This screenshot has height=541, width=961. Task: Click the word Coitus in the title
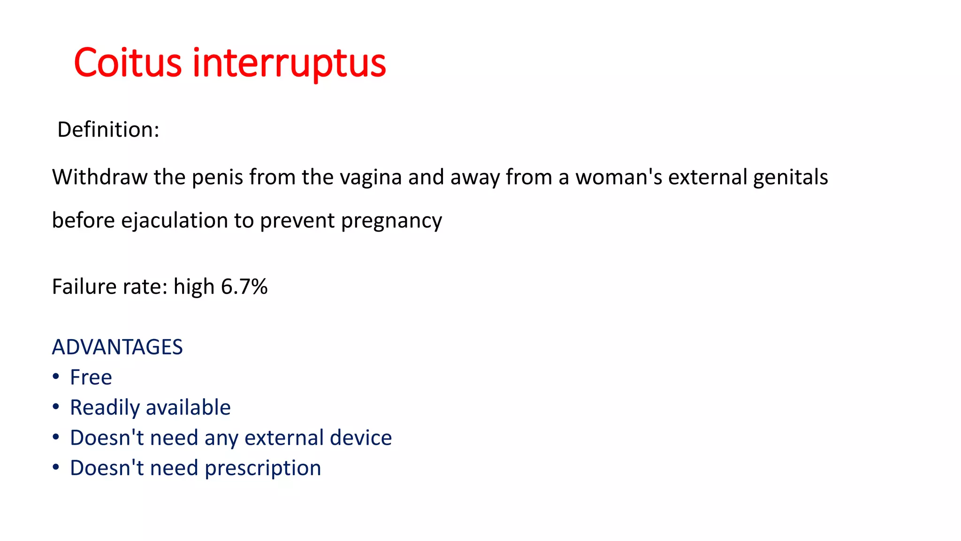[127, 63]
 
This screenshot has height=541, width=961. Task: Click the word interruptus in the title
[289, 63]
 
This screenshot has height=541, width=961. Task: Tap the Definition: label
[108, 130]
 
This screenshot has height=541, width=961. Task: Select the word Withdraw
[99, 178]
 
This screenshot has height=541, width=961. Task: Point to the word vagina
[371, 178]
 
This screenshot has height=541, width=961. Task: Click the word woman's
[618, 178]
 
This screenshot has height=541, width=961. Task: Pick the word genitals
[790, 178]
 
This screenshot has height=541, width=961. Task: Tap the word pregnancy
[391, 221]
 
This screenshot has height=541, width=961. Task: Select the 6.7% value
[244, 286]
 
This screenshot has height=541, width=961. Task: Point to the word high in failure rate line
[194, 286]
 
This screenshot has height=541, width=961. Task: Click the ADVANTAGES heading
[117, 347]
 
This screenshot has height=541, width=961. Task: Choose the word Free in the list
[91, 377]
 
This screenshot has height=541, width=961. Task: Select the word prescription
[263, 468]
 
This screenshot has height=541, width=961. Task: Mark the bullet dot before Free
[56, 377]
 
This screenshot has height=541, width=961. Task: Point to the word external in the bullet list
[284, 438]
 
